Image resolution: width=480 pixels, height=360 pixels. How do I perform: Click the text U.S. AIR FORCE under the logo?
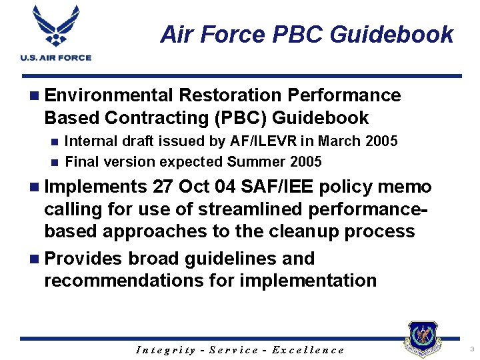pyautogui.click(x=55, y=58)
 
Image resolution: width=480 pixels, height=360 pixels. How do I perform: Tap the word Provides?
pyautogui.click(x=83, y=258)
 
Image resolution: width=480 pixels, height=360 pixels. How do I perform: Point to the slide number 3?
pyautogui.click(x=471, y=349)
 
